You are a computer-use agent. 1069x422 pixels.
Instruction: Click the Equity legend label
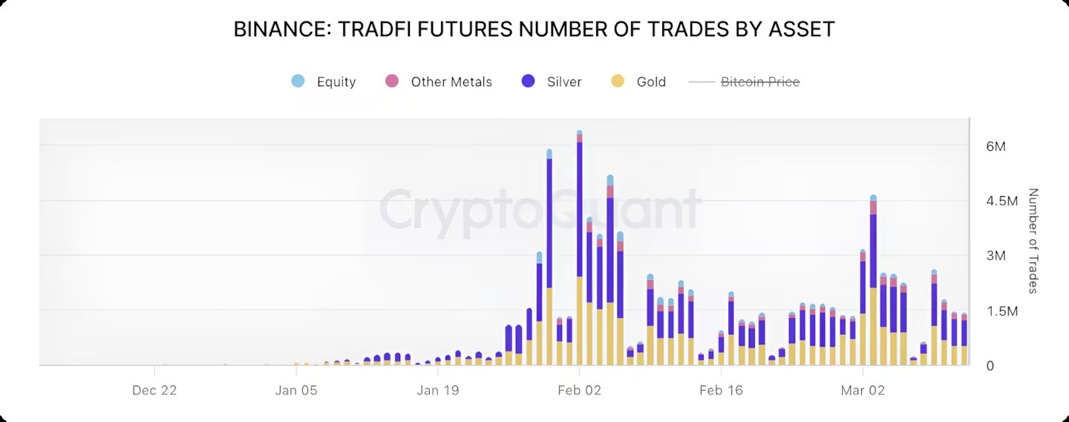coord(336,82)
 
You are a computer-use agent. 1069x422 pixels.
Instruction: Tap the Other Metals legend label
coord(451,82)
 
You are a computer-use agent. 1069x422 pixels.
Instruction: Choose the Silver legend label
coord(564,82)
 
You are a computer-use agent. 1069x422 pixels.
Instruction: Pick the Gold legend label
coord(651,82)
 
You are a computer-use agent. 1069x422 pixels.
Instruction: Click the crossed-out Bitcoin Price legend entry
coord(760,82)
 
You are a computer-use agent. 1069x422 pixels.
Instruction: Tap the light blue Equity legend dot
coord(298,81)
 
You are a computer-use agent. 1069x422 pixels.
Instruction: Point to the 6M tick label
coord(996,146)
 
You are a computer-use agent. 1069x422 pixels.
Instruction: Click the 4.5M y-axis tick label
coord(1001,201)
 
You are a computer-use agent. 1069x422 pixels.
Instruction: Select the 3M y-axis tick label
coord(996,256)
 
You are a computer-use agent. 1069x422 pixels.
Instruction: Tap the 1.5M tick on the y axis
coord(1001,311)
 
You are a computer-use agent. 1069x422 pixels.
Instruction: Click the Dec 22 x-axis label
coord(154,389)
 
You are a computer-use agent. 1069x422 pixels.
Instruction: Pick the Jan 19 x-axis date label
coord(438,389)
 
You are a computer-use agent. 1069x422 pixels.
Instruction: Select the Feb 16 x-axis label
coord(721,389)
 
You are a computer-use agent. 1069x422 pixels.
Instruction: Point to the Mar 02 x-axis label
coord(863,389)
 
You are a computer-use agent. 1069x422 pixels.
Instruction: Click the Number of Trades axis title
coord(1033,241)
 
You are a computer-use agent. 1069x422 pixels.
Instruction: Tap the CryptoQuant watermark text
coord(540,209)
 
